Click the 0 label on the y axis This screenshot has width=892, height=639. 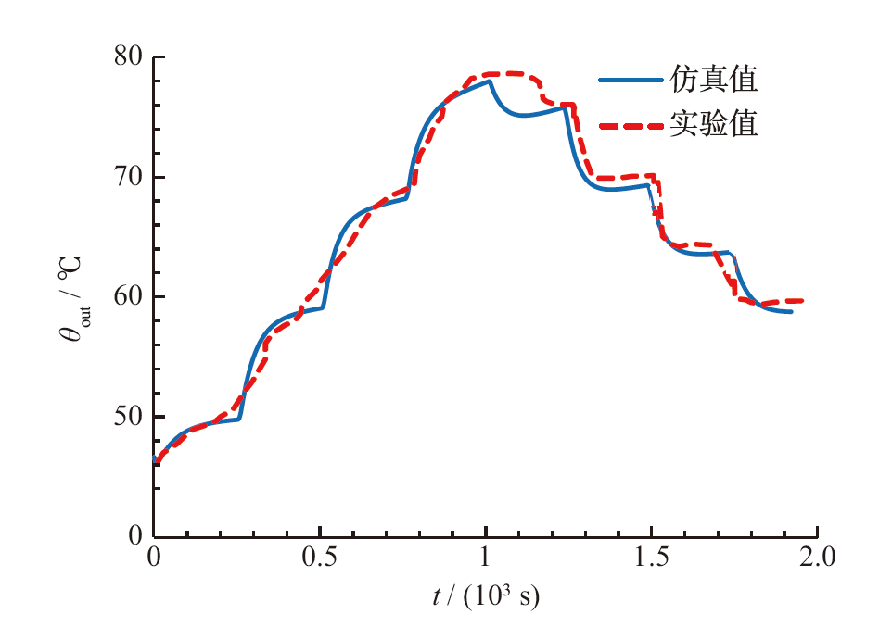(135, 535)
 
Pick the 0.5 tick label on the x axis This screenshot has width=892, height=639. (320, 558)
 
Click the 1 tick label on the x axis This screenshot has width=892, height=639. (485, 558)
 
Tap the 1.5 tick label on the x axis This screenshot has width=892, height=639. (651, 558)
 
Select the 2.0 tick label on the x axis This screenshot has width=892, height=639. (816, 558)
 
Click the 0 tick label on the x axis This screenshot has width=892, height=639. (155, 558)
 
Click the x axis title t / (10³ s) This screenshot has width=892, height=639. (485, 596)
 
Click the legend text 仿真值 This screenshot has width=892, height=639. (714, 80)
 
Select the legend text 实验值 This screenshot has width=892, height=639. (714, 124)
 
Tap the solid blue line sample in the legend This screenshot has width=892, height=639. (630, 81)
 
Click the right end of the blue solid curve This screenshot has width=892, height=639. (791, 312)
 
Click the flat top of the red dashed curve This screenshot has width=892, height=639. (505, 73)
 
